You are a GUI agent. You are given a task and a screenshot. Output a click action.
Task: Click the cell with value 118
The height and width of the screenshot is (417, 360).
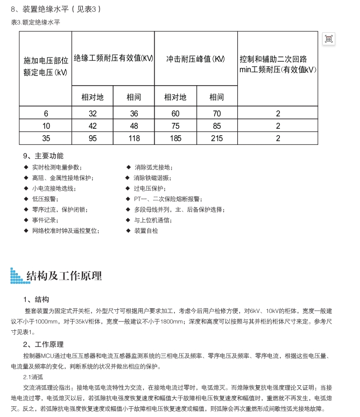[133, 138]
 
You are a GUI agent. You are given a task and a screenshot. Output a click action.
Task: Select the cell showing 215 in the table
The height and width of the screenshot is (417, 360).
[216, 138]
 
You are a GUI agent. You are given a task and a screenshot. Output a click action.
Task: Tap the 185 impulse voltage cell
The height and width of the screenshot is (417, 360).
[175, 138]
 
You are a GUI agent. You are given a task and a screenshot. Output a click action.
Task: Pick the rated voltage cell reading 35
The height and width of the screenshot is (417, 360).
[46, 138]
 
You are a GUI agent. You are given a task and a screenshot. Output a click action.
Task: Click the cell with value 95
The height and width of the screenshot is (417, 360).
[92, 138]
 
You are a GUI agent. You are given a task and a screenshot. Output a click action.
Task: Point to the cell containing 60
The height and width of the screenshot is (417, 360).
[175, 114]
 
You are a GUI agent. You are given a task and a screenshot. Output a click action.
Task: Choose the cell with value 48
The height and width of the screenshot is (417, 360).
[133, 126]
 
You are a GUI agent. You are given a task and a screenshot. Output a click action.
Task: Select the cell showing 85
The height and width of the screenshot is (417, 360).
[216, 126]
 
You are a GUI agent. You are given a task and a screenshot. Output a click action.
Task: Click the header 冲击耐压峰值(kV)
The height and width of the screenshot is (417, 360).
[195, 59]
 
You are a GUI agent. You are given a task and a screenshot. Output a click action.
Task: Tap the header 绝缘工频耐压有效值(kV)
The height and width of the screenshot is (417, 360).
[113, 59]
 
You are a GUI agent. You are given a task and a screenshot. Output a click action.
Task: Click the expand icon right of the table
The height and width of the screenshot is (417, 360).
[329, 38]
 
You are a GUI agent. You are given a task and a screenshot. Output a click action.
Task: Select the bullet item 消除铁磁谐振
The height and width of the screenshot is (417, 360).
[152, 178]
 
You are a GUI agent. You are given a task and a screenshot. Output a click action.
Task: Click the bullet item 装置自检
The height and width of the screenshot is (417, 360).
[146, 231]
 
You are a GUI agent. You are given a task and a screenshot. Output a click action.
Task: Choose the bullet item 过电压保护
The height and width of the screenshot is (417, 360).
[149, 189]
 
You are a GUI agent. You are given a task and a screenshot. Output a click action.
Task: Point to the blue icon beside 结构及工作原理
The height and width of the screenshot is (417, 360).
[16, 276]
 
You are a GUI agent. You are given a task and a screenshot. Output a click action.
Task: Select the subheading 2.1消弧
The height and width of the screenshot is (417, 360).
[34, 377]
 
